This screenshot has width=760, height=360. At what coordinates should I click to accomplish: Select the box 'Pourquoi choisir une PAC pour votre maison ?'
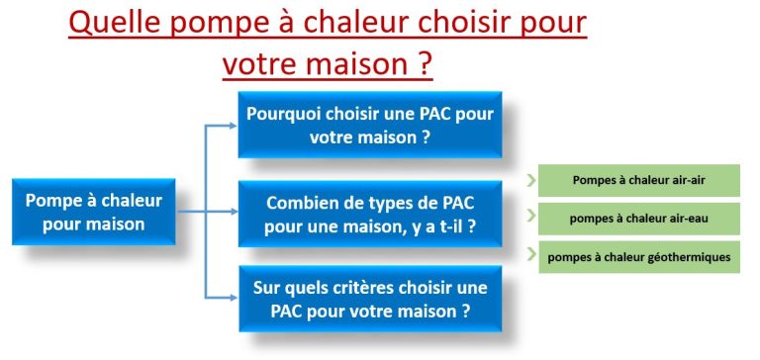coord(369,126)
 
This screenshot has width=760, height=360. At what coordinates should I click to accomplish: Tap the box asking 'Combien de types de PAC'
coord(369,214)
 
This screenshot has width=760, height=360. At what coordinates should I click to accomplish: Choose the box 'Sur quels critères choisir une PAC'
coord(369,299)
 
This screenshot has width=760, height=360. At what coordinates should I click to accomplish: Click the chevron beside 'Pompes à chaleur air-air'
coord(532,181)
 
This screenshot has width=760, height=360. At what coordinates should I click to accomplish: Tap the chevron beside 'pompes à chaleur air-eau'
coord(532,216)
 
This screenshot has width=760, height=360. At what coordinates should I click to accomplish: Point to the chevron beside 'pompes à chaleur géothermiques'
coord(532,252)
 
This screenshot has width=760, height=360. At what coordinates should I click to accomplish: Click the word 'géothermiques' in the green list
coord(686,257)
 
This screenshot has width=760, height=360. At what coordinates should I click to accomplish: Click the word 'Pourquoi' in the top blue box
coord(288,115)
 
